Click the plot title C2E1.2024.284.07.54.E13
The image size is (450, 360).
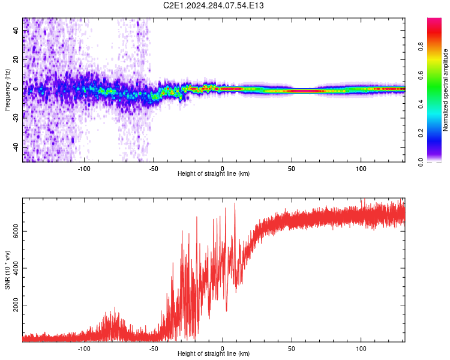[214, 5]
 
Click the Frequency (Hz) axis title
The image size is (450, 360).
[7, 89]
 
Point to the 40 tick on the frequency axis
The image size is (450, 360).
[16, 31]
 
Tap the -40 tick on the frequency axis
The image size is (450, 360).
[16, 147]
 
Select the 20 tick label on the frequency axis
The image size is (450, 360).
[16, 60]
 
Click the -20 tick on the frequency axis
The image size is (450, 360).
[16, 118]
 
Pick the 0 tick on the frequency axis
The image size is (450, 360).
[16, 89]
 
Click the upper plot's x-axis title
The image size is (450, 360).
[214, 173]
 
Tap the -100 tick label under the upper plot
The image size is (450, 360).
[83, 167]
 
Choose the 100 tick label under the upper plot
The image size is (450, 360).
[361, 167]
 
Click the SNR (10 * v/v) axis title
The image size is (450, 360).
[7, 270]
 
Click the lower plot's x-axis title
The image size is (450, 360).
[214, 353]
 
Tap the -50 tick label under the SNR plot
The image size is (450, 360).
[153, 347]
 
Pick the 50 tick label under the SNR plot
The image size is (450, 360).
[292, 347]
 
